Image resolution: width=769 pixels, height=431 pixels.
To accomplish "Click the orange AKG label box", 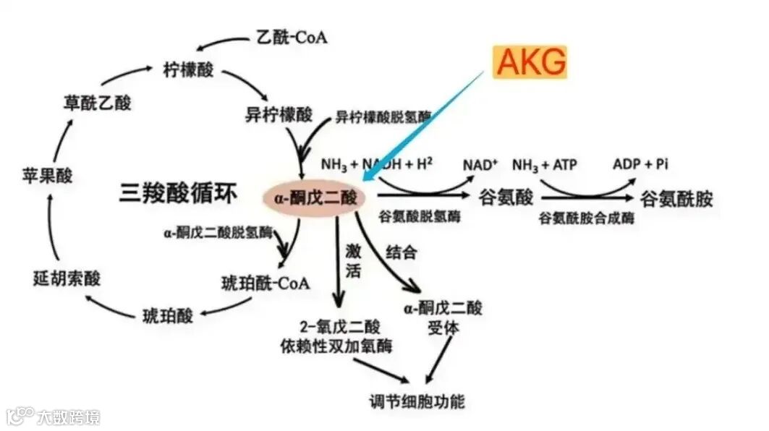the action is pyautogui.click(x=530, y=62).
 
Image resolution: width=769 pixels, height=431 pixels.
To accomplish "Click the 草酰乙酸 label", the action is pyautogui.click(x=97, y=103).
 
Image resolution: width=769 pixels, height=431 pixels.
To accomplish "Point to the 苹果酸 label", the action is pyautogui.click(x=49, y=176).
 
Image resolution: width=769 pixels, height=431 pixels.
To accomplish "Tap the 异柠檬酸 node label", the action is pyautogui.click(x=279, y=114).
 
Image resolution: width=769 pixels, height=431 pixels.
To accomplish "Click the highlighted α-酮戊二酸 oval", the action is pyautogui.click(x=313, y=197).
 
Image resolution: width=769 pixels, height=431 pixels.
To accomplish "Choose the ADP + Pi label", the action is pyautogui.click(x=640, y=164).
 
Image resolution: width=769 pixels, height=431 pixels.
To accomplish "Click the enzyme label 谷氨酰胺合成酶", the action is pyautogui.click(x=586, y=218).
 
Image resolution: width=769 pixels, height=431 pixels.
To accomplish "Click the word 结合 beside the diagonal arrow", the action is pyautogui.click(x=402, y=252).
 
